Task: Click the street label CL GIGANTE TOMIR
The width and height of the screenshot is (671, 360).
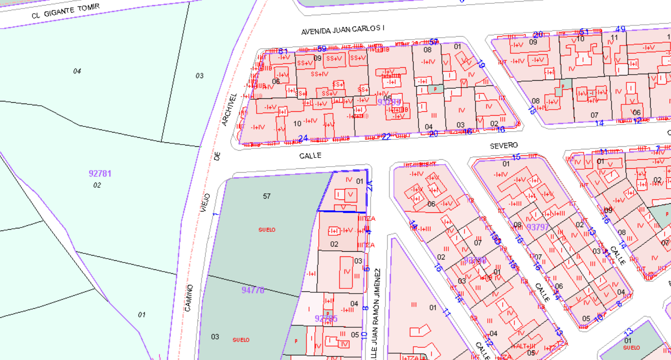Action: click(x=65, y=11)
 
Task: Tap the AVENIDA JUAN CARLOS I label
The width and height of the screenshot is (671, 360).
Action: click(x=342, y=30)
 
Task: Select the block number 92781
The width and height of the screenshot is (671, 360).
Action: click(x=100, y=174)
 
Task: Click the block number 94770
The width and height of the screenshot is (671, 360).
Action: click(x=253, y=290)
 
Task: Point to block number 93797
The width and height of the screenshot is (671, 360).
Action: click(x=538, y=227)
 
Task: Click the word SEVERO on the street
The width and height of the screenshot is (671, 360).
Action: click(x=503, y=146)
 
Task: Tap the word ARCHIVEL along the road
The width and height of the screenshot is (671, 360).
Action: click(x=230, y=109)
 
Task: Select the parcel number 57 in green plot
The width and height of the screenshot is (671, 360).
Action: click(x=267, y=196)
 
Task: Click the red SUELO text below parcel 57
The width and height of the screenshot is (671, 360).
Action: click(x=267, y=230)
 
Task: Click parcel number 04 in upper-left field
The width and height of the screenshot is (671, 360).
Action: click(x=77, y=71)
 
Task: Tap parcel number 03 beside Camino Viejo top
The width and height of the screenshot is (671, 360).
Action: click(x=199, y=76)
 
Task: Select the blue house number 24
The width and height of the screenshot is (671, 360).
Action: click(x=303, y=138)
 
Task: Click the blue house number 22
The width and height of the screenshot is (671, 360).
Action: click(x=386, y=136)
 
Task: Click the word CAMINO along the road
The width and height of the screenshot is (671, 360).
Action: click(x=189, y=297)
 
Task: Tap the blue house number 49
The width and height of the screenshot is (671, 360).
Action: click(x=620, y=29)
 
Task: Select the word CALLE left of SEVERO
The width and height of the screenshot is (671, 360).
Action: click(x=310, y=155)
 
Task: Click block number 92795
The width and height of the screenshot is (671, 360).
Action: click(x=326, y=319)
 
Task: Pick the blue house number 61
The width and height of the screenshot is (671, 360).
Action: click(x=283, y=51)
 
